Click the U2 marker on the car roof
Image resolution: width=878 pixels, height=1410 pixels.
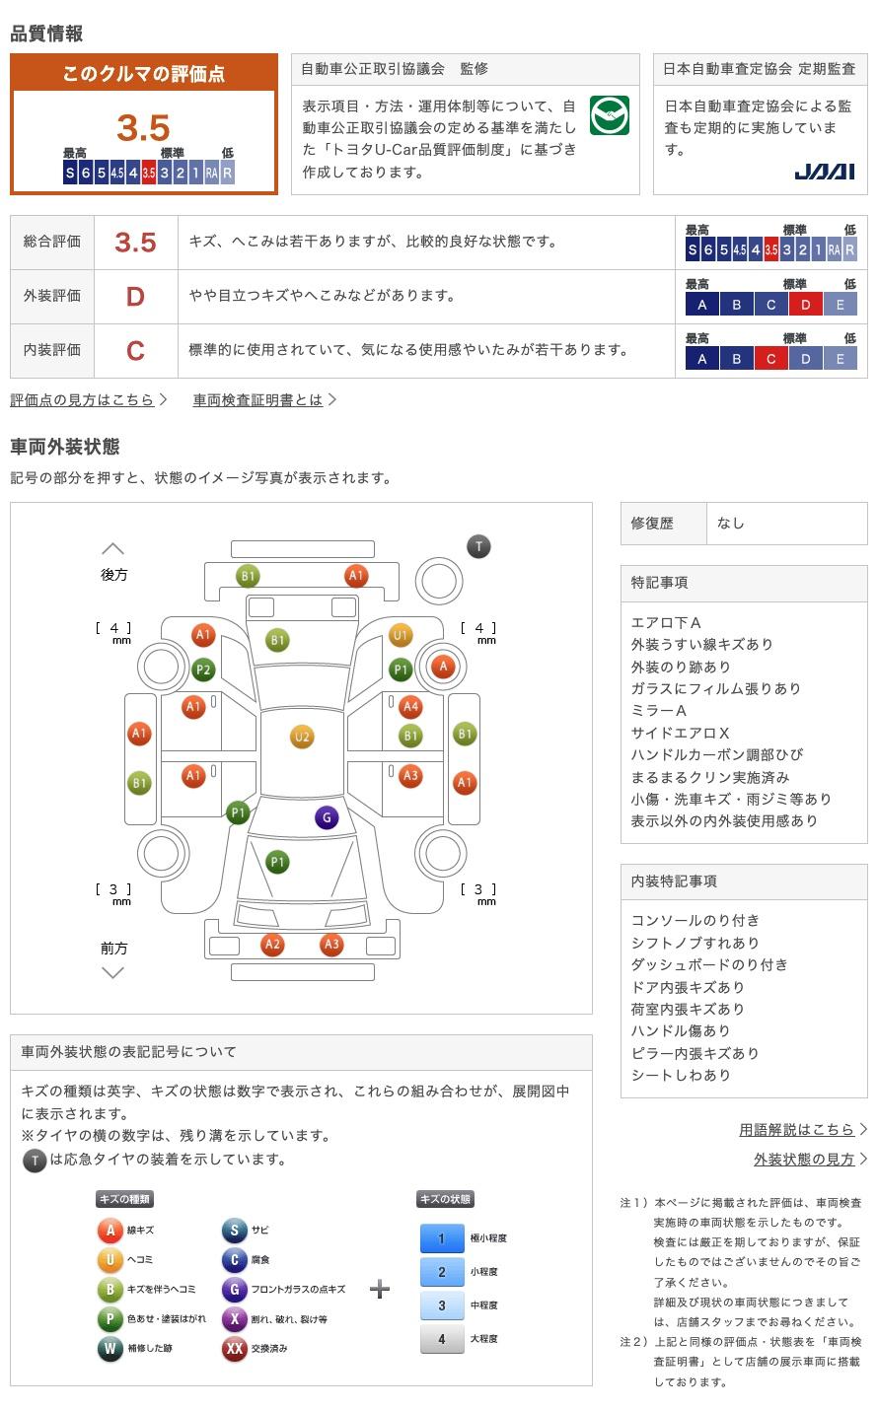(x=302, y=738)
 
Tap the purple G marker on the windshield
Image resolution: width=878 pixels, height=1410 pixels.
(x=327, y=817)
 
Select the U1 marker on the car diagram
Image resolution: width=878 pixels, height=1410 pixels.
(x=401, y=635)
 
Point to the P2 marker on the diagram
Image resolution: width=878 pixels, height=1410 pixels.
(x=203, y=670)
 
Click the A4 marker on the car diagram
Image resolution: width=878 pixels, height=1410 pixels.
(x=410, y=707)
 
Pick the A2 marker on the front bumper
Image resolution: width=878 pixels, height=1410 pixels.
(x=272, y=945)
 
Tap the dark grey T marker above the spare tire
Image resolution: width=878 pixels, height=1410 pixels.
(x=478, y=546)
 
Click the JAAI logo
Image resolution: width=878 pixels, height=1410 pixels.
(x=825, y=172)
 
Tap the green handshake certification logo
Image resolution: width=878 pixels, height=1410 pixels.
(x=609, y=115)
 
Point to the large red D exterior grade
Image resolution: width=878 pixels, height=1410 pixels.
(x=135, y=297)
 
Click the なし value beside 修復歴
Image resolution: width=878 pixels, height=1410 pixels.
(x=731, y=524)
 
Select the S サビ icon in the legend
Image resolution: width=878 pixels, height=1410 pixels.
(x=235, y=1230)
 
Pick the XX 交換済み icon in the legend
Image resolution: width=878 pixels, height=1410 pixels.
(x=235, y=1348)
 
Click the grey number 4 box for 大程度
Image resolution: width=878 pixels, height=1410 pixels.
(x=442, y=1339)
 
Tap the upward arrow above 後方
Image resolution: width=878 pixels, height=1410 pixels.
(x=112, y=548)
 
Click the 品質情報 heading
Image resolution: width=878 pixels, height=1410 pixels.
(x=46, y=34)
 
